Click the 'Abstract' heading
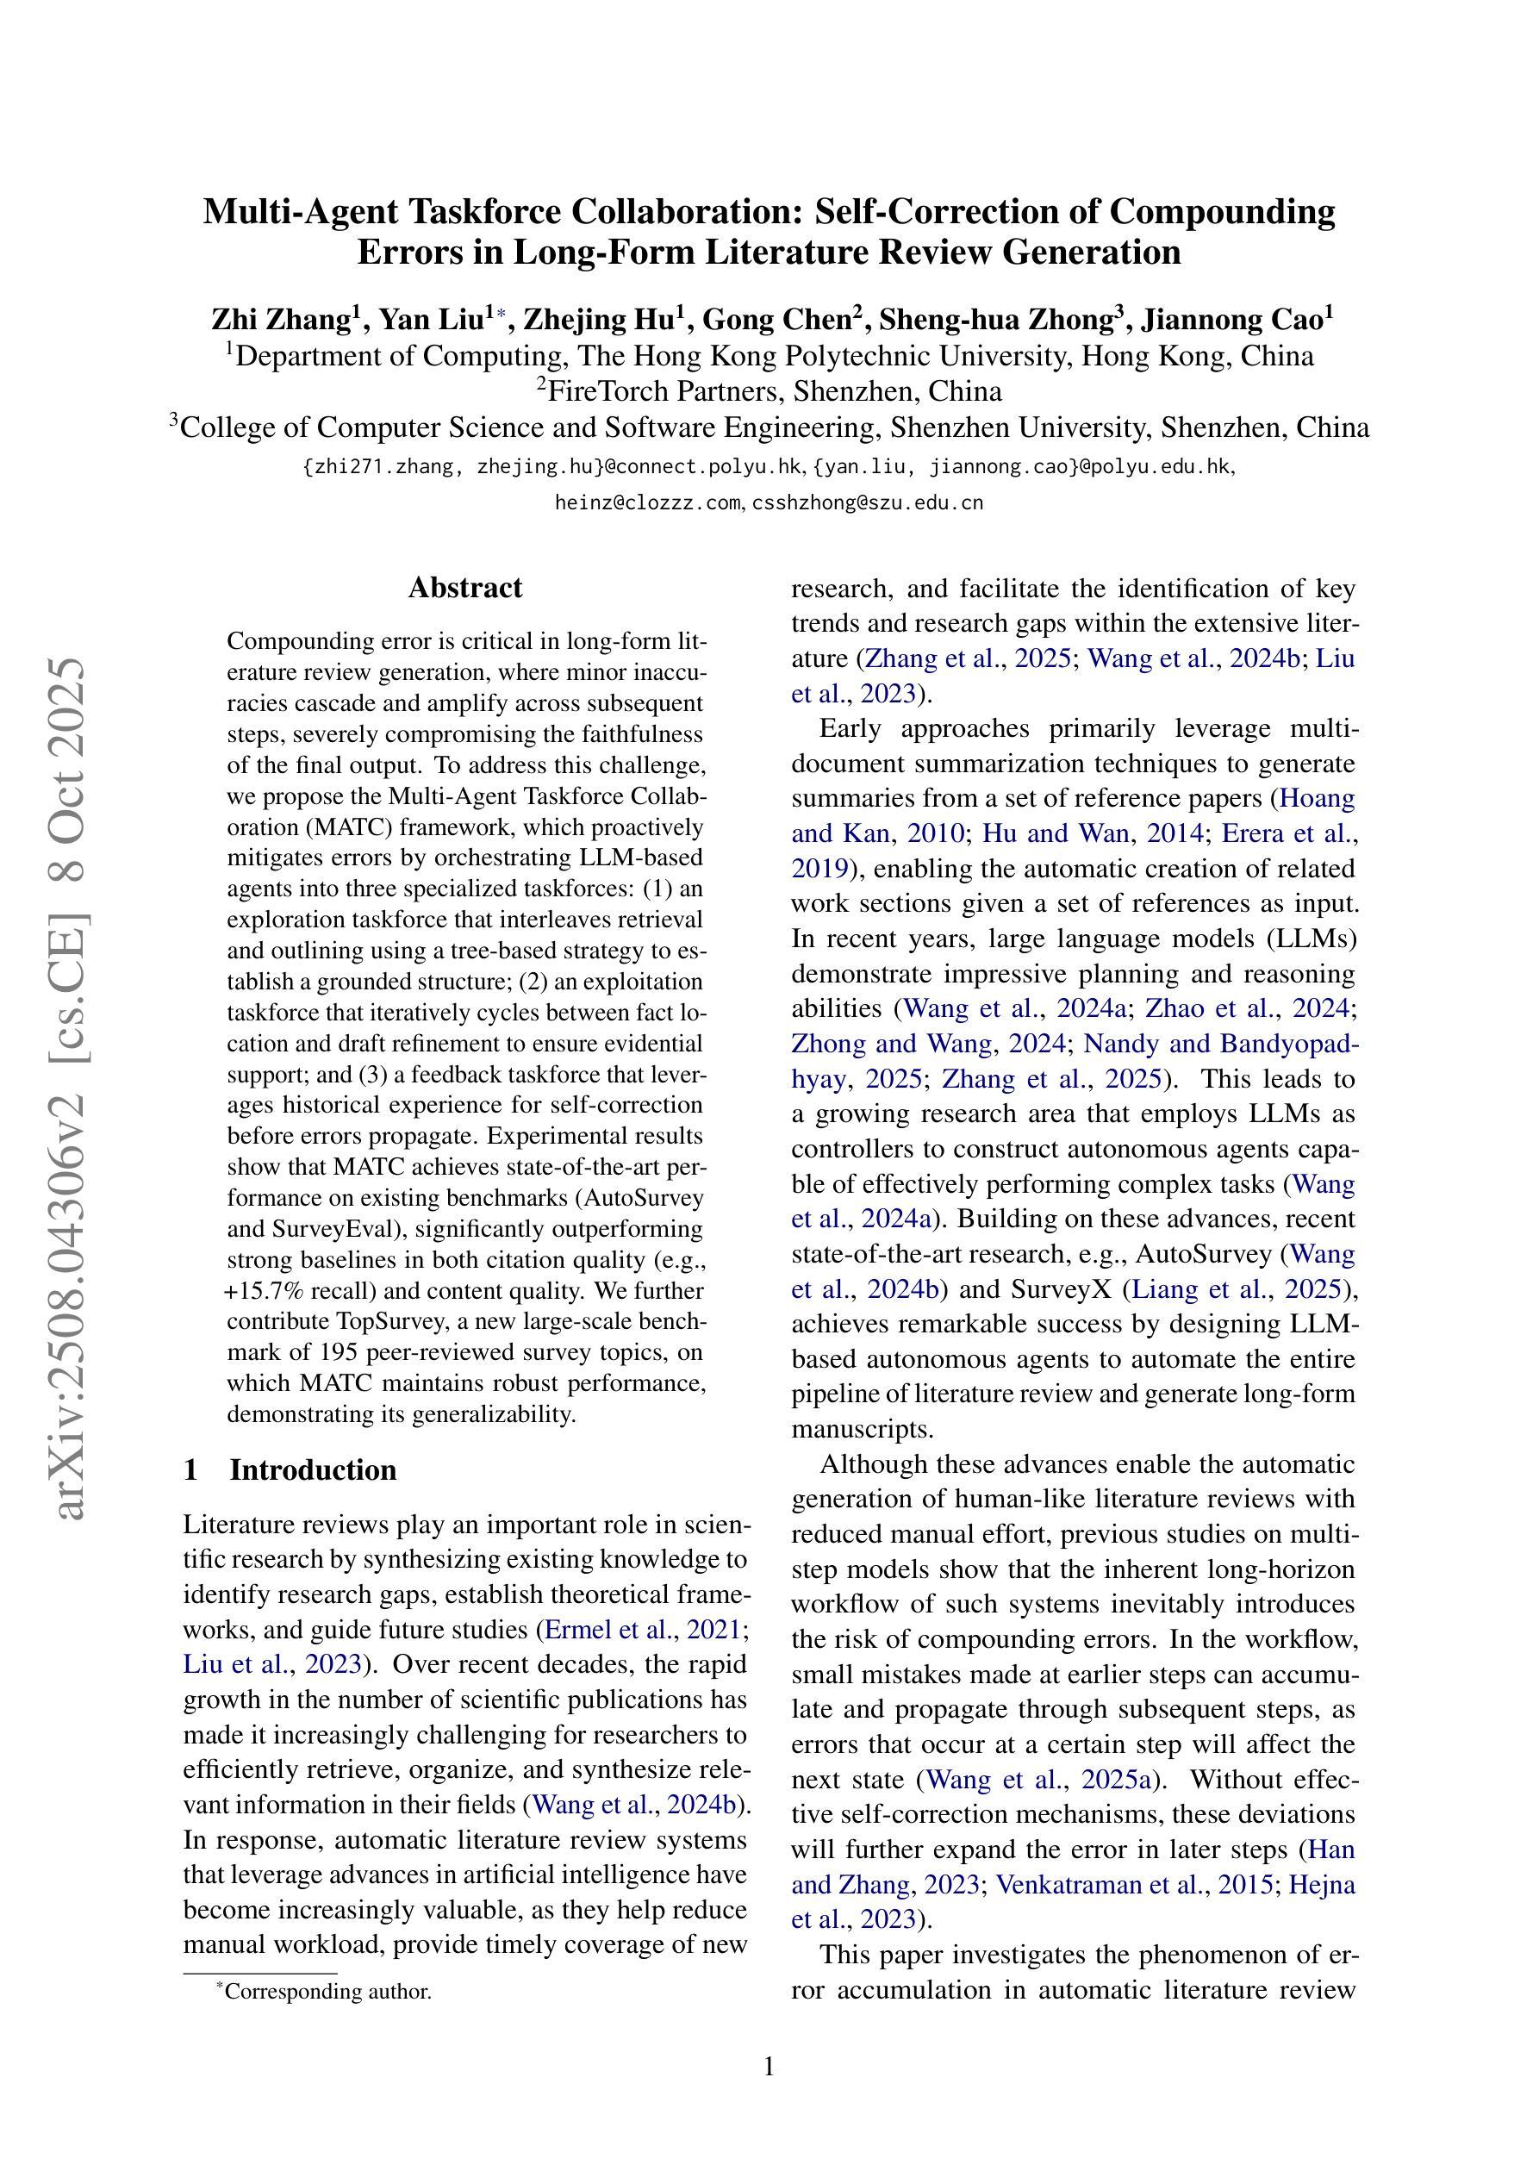(464, 588)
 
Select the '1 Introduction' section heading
(290, 1469)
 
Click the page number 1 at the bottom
(769, 2067)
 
